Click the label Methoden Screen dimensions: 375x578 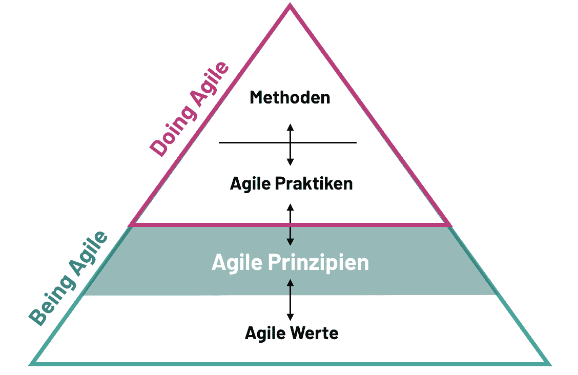[x=290, y=97]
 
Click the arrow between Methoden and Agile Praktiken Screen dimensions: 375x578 [x=290, y=144]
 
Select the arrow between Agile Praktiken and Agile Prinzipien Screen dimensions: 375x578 [x=290, y=224]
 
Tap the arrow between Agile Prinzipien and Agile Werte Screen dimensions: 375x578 [x=290, y=300]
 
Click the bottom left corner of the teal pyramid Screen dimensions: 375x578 [x=31, y=364]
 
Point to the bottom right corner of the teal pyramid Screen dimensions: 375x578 [x=549, y=364]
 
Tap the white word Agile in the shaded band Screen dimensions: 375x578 [x=237, y=263]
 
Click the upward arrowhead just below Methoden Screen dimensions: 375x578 [x=290, y=126]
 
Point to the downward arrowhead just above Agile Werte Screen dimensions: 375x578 [x=290, y=318]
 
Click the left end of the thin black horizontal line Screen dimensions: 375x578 [x=220, y=142]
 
